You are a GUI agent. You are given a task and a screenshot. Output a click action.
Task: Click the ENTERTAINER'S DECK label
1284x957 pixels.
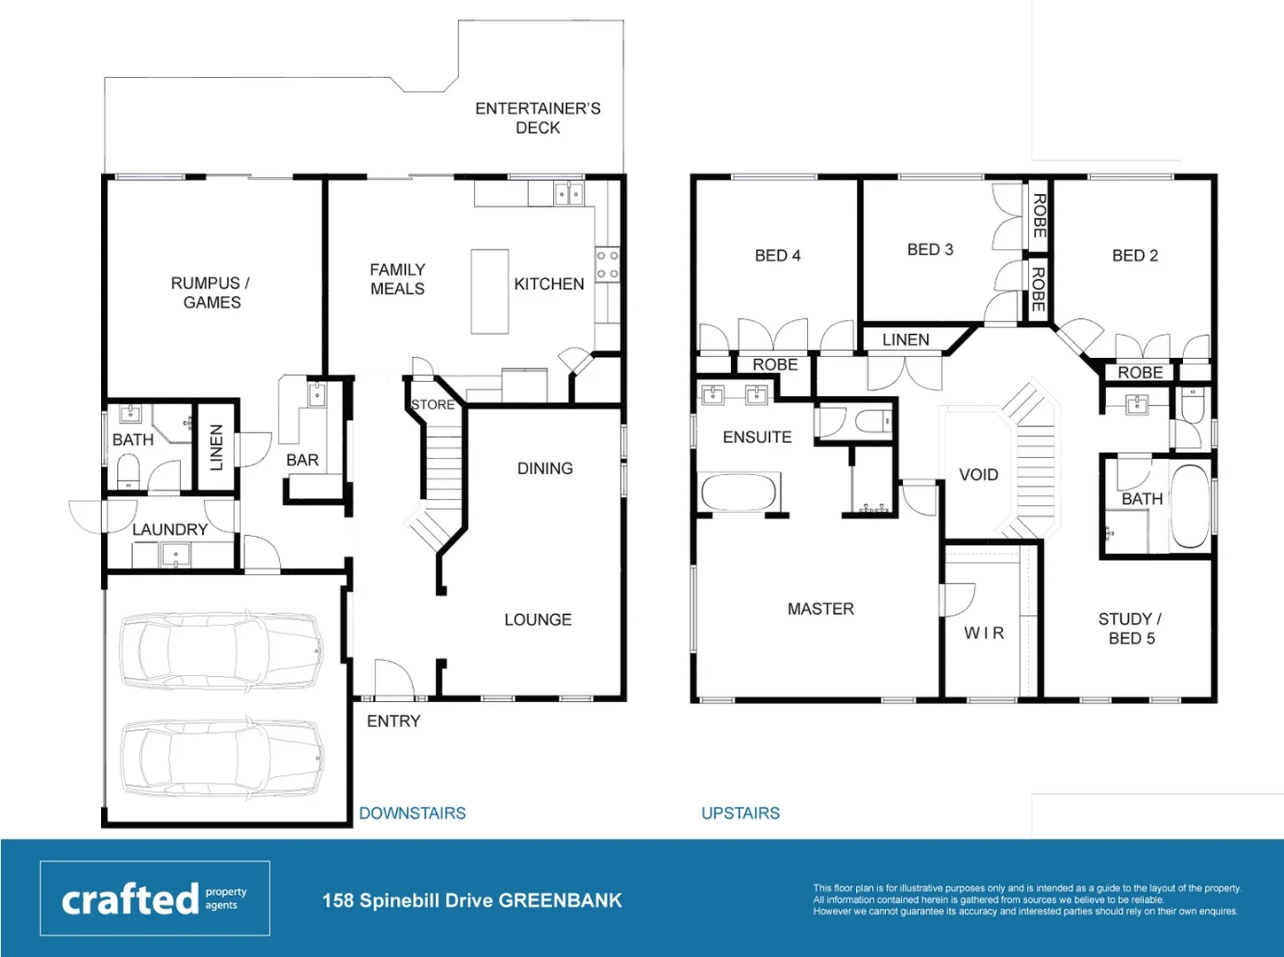click(537, 118)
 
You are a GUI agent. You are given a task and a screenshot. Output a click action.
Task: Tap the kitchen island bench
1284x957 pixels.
click(489, 292)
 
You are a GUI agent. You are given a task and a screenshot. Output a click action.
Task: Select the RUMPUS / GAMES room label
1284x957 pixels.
click(211, 292)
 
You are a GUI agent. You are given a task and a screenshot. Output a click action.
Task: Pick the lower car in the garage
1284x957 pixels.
click(222, 757)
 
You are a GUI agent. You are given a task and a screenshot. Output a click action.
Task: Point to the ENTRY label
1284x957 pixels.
click(393, 721)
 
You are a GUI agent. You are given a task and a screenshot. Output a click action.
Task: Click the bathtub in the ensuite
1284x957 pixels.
click(740, 493)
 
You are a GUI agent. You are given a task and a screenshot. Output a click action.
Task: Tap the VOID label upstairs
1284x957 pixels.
click(978, 475)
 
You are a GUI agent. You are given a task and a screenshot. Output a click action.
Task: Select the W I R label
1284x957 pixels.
click(984, 633)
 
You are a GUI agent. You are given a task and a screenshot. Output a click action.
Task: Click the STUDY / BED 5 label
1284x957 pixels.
click(1131, 628)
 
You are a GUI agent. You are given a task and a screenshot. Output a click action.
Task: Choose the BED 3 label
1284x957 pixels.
click(930, 250)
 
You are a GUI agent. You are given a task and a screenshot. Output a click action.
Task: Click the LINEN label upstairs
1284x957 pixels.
click(905, 339)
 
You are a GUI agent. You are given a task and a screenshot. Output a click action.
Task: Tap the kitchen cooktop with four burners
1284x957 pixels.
click(607, 265)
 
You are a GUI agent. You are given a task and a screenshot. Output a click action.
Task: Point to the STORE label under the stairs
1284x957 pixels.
click(432, 405)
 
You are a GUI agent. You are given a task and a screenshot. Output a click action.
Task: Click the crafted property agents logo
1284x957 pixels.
click(155, 899)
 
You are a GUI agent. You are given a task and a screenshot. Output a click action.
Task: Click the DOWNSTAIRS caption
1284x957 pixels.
click(412, 813)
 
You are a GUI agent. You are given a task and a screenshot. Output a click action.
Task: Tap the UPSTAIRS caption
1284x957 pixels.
click(740, 813)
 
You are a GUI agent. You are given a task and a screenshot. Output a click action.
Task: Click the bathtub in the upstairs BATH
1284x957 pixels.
click(1190, 507)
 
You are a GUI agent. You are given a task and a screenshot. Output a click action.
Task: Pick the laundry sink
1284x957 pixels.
click(175, 556)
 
